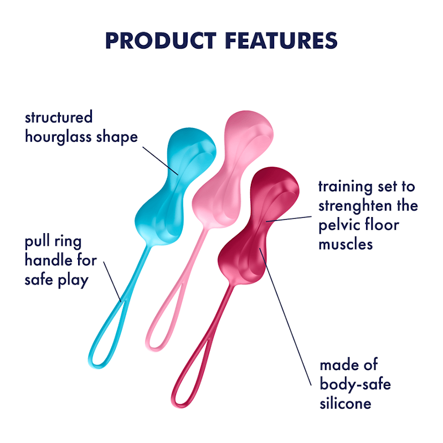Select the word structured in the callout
(59, 118)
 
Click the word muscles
(346, 244)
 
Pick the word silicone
(345, 403)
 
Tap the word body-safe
(355, 384)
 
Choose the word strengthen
(352, 206)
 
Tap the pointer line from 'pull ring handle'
(113, 282)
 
